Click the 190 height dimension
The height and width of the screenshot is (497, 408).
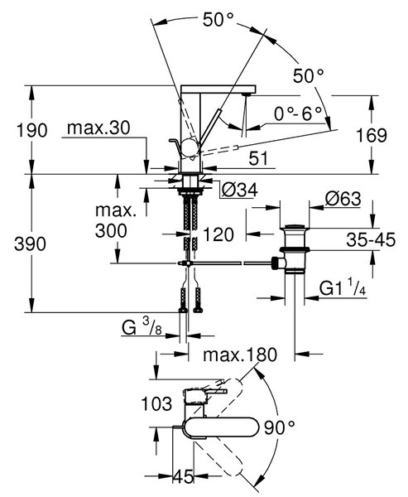click(31, 130)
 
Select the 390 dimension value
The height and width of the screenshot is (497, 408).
click(30, 244)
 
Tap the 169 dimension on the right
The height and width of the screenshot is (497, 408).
click(372, 135)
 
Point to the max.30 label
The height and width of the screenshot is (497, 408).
click(98, 128)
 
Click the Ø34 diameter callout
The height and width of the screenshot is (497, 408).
click(239, 191)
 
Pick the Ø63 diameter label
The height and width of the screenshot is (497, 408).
click(343, 199)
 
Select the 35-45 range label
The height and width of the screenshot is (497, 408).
click(371, 239)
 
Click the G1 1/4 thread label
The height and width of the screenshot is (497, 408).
click(343, 287)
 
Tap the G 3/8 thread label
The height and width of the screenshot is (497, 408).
click(142, 326)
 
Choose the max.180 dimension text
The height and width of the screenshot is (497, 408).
click(240, 355)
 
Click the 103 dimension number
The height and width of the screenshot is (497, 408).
click(156, 404)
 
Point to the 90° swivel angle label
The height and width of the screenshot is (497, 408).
click(280, 428)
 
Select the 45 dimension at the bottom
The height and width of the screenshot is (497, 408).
click(183, 476)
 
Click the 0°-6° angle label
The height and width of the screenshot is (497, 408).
click(298, 113)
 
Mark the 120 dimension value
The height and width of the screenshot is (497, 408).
click(218, 234)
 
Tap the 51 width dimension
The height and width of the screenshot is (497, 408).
click(258, 158)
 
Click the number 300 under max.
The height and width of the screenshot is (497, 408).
click(111, 231)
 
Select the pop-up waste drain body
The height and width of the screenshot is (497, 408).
click(293, 249)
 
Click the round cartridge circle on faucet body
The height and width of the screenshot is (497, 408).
click(190, 147)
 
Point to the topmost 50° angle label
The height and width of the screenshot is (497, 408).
click(218, 20)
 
